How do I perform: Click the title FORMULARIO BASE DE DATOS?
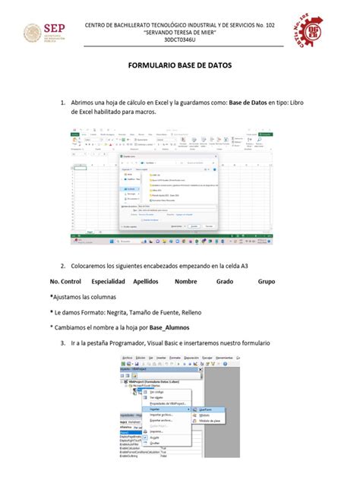(179, 66)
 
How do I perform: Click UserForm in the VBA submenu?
(207, 409)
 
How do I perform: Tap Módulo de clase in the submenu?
(210, 421)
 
